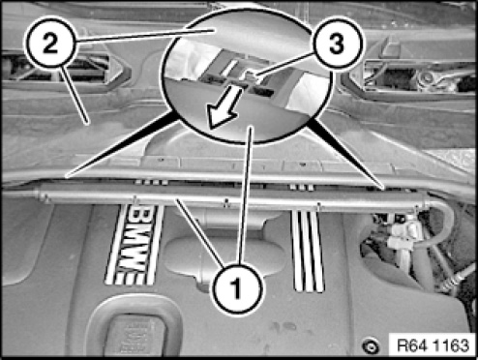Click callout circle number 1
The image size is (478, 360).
pyautogui.click(x=237, y=288)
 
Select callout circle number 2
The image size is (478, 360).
pyautogui.click(x=50, y=43)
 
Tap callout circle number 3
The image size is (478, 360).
pyautogui.click(x=337, y=44)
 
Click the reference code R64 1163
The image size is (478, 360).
pyautogui.click(x=433, y=345)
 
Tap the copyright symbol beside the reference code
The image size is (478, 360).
pyautogui.click(x=371, y=346)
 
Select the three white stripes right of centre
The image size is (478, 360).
pyautogui.click(x=308, y=251)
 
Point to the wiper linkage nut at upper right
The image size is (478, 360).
pyautogui.click(x=428, y=77)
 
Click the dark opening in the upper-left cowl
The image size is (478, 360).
pyautogui.click(x=58, y=69)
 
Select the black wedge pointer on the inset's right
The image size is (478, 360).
pyautogui.click(x=345, y=153)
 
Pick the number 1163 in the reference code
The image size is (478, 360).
pyautogui.click(x=450, y=345)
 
